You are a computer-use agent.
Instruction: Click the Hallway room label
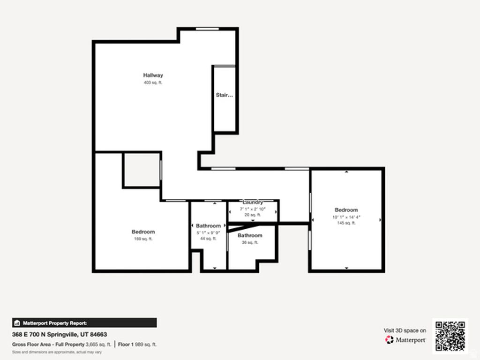pos(153,75)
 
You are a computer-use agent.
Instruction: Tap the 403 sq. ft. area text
pos(153,82)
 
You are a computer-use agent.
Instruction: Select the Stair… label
pos(224,95)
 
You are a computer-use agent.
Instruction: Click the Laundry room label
pos(253,202)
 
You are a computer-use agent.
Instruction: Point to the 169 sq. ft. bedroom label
pos(143,232)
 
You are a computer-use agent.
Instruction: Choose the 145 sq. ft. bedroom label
pos(346,210)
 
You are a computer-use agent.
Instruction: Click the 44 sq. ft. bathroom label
pos(208,226)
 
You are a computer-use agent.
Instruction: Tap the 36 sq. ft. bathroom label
pos(249,235)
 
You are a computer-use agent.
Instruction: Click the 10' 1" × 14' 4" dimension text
pos(346,217)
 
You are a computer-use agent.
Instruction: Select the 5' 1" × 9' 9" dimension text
pos(208,232)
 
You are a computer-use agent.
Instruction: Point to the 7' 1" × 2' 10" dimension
pos(253,209)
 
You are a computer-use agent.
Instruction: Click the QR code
pos(450,336)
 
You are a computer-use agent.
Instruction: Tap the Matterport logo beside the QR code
pos(405,339)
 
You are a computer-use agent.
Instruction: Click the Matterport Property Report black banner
pos(84,323)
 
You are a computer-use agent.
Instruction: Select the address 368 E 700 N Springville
pos(60,335)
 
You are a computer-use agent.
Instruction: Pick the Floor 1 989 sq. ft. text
pos(137,345)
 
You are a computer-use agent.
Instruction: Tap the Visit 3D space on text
pos(405,330)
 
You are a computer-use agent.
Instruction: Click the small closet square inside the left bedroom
pos(141,170)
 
